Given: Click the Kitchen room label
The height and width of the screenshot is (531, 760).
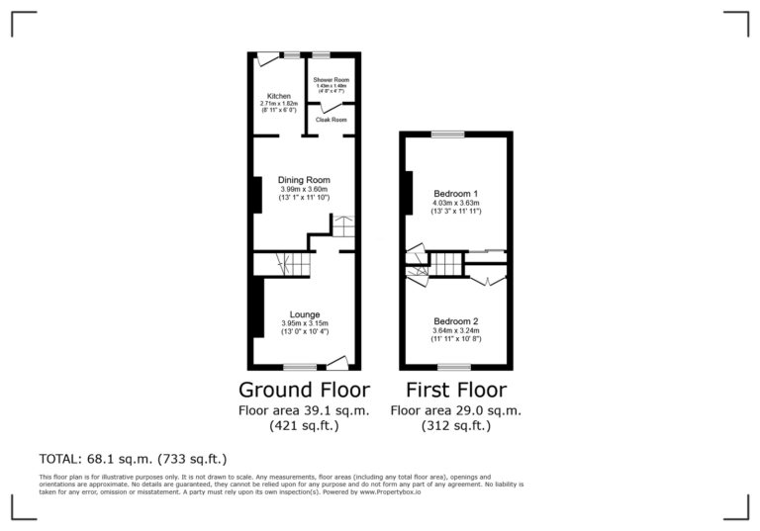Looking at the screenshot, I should [278, 96].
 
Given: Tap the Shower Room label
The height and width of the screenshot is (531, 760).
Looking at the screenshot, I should [332, 79].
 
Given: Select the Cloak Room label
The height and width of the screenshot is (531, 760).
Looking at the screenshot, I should [332, 120].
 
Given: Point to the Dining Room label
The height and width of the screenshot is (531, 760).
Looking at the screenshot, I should [304, 180].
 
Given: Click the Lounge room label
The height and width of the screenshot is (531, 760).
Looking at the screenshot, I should [305, 314].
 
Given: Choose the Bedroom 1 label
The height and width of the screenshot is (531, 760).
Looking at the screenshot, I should [456, 193].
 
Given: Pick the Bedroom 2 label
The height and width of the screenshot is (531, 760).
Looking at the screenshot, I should [456, 322].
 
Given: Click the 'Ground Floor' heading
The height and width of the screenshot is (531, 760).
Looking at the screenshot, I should [304, 389].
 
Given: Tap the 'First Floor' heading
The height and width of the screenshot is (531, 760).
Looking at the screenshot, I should [456, 389].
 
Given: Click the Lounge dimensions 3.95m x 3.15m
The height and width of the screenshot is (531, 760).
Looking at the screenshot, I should [305, 323].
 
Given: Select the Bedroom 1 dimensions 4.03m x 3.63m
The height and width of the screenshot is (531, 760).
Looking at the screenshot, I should [456, 203].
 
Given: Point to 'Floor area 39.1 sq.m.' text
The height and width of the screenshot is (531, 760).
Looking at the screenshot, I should [304, 410].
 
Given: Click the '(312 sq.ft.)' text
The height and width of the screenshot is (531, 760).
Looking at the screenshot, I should [456, 426].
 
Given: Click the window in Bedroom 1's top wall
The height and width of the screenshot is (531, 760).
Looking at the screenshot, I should [446, 133].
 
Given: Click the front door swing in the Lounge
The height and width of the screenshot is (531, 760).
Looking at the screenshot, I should [337, 361].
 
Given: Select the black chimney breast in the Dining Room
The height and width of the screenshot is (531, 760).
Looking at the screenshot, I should [257, 194].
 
